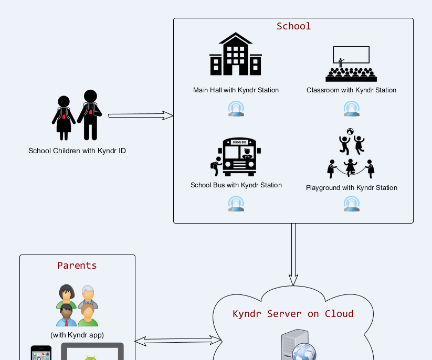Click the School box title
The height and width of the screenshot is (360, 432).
coord(293,26)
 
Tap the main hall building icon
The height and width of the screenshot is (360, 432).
coord(236,55)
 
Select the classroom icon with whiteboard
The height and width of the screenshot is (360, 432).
coord(351,64)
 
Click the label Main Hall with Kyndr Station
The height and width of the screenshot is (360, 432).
coord(236,90)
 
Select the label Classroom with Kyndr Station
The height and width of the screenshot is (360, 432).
coord(351,90)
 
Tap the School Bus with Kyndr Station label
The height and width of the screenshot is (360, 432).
coord(236,185)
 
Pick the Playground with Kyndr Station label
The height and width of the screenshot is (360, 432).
coord(351,188)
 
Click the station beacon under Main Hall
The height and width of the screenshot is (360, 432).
coord(236,109)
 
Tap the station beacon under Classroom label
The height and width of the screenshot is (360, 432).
coord(351,109)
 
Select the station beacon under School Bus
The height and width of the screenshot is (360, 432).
coord(236,204)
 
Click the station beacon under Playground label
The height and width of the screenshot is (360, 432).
coord(351,204)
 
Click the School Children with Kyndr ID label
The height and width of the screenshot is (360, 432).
coord(77,151)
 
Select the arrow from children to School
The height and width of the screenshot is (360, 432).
coord(141,115)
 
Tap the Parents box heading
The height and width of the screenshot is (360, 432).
coord(77,266)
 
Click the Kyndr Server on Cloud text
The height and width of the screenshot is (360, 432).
coord(293,314)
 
